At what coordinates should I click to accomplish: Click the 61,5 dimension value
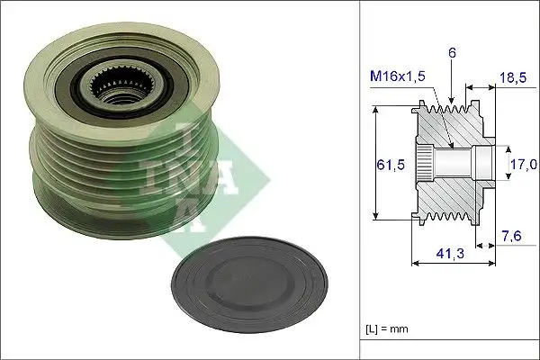[x=388, y=164]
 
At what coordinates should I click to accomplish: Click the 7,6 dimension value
[x=510, y=237]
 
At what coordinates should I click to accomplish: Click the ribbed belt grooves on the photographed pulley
[x=99, y=171]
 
